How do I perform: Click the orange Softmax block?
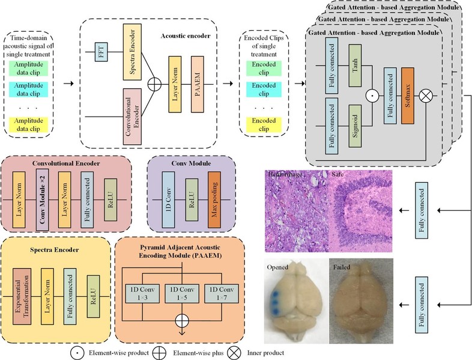[x=408, y=95]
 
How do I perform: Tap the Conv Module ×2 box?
[x=41, y=194]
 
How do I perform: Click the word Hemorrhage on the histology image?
[x=285, y=174]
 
